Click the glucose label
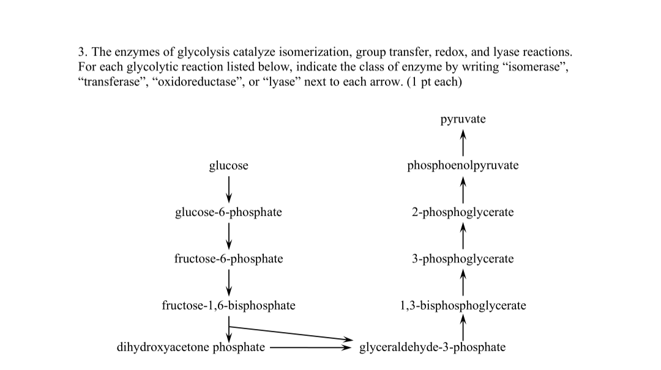click(228, 166)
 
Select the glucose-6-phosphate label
click(228, 212)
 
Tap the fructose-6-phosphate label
click(228, 259)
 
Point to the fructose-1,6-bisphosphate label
click(228, 305)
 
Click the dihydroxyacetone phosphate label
click(191, 347)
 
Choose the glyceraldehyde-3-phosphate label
click(432, 347)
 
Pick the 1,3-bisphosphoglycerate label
click(463, 305)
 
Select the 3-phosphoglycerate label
click(463, 259)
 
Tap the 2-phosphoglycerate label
click(463, 212)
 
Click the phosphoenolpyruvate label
click(463, 166)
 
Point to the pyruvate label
click(463, 119)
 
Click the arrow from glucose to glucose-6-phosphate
click(228, 189)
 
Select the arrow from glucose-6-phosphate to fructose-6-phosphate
click(228, 235)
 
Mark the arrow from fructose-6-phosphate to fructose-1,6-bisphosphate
click(228, 282)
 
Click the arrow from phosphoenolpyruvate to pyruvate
click(463, 142)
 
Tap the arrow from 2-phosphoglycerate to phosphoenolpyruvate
click(463, 189)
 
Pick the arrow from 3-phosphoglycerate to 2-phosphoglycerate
click(463, 235)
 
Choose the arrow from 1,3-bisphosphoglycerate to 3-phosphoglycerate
click(463, 282)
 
